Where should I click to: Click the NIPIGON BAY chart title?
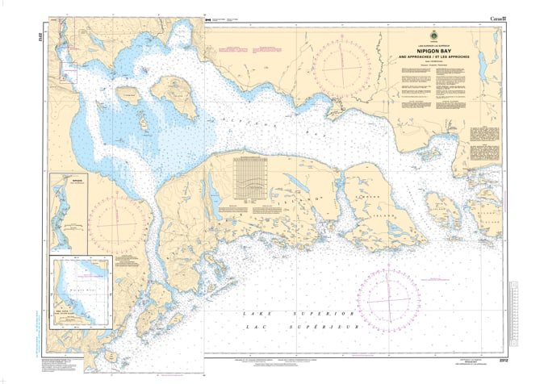click(x=432, y=48)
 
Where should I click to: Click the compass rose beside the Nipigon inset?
click(x=119, y=219)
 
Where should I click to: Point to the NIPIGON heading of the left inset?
click(x=56, y=182)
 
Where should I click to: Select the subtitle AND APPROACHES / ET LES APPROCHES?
click(x=432, y=56)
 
